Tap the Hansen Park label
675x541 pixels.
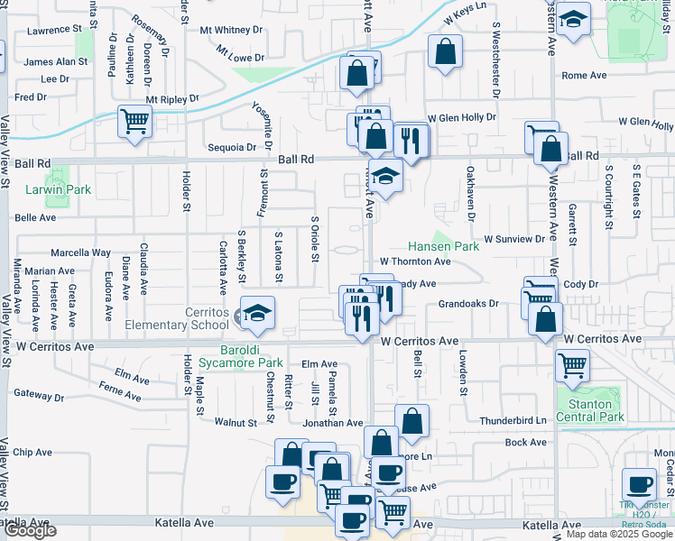click(443, 245)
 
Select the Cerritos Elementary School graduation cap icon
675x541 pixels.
click(257, 313)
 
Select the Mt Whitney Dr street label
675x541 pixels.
click(231, 30)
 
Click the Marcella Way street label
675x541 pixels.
click(80, 252)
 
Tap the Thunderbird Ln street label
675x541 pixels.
click(513, 420)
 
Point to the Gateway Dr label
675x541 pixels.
click(35, 393)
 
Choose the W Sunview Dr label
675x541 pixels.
click(514, 239)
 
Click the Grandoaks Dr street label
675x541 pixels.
click(468, 304)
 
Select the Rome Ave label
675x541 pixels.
click(584, 76)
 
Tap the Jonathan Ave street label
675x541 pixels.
click(332, 422)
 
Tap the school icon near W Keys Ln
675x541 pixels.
click(571, 20)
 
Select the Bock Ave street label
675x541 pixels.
click(526, 442)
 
